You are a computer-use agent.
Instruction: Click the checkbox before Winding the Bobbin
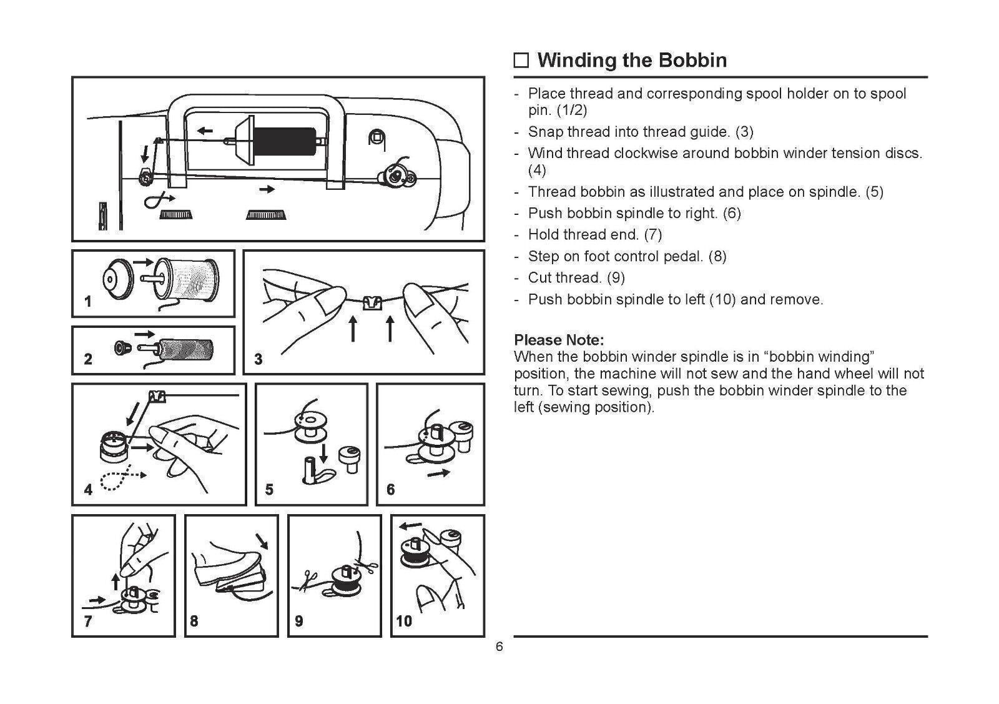[521, 61]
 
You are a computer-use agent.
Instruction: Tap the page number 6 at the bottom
[499, 647]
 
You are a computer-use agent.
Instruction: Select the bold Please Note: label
[558, 340]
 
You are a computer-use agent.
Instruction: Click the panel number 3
[258, 359]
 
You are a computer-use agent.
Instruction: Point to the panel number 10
[404, 621]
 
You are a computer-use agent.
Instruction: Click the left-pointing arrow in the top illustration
[204, 131]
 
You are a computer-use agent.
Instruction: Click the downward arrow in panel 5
[323, 452]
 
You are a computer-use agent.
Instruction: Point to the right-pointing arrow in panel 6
[438, 473]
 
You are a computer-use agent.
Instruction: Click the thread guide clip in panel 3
[372, 302]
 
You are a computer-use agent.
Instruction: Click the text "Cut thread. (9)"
[576, 277]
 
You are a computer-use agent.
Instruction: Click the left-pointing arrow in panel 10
[411, 525]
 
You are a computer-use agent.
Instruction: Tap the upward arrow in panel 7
[116, 582]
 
